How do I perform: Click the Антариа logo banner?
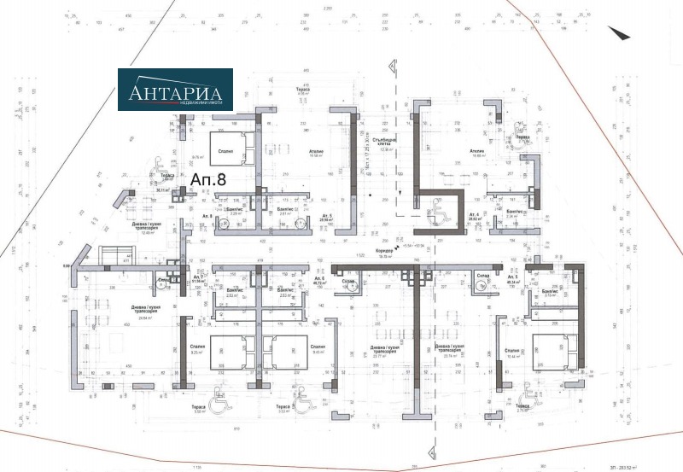point(175,90)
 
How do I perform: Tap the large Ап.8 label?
point(207,180)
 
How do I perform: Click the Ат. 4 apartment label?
point(472,217)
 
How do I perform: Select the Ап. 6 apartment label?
point(319,280)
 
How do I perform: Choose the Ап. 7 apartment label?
point(199,279)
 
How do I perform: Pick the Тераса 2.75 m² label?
point(522,409)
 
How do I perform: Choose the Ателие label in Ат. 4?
point(477,152)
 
